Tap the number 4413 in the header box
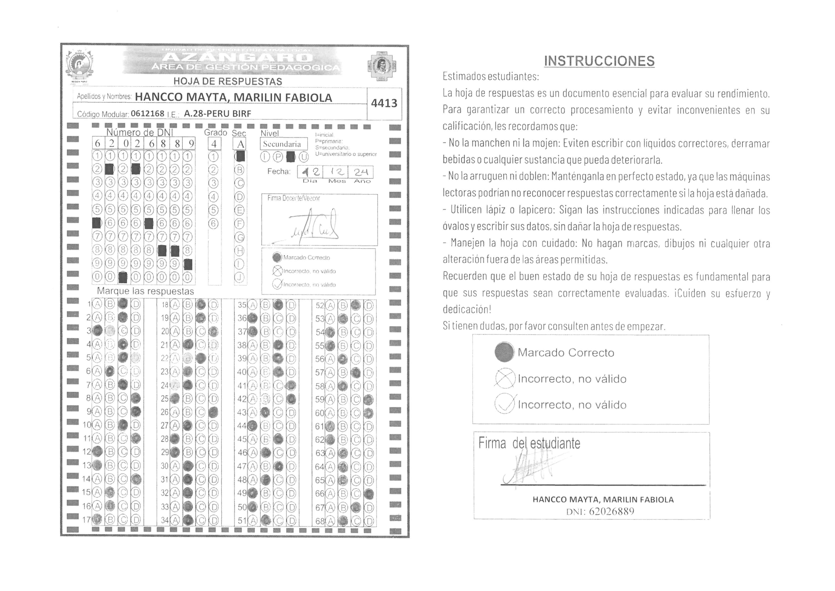384,103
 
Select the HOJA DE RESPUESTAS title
228,81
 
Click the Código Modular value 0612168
148,113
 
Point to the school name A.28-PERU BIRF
217,113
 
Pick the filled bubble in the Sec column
240,157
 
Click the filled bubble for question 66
369,494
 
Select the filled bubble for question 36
253,318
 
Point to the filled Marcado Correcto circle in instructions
504,352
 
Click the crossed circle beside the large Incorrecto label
505,378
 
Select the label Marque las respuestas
145,291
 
